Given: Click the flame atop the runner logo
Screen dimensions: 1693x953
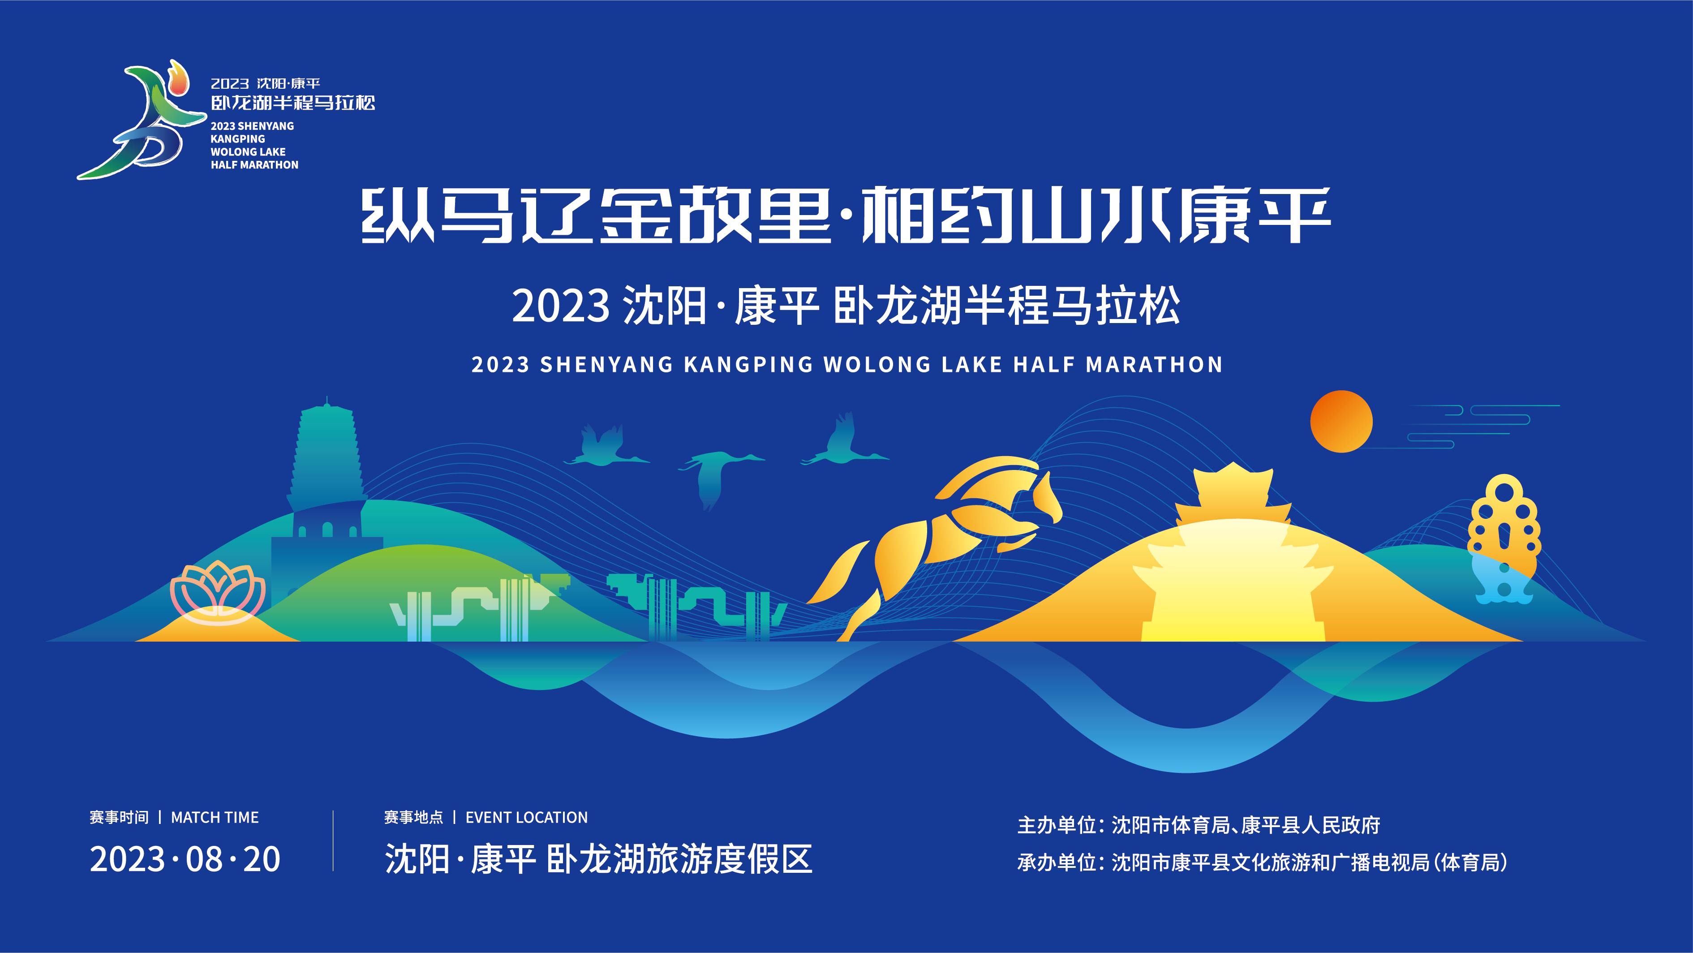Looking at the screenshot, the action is [177, 78].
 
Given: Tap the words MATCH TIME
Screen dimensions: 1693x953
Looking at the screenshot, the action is [215, 818].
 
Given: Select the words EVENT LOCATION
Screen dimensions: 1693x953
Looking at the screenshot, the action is [526, 818].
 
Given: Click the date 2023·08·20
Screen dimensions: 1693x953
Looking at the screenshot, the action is [185, 859].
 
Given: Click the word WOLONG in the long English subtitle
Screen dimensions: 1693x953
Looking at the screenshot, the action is [877, 365].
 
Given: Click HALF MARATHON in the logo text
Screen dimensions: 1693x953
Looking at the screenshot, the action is [254, 165].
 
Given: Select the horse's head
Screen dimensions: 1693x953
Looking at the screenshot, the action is [1045, 493].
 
